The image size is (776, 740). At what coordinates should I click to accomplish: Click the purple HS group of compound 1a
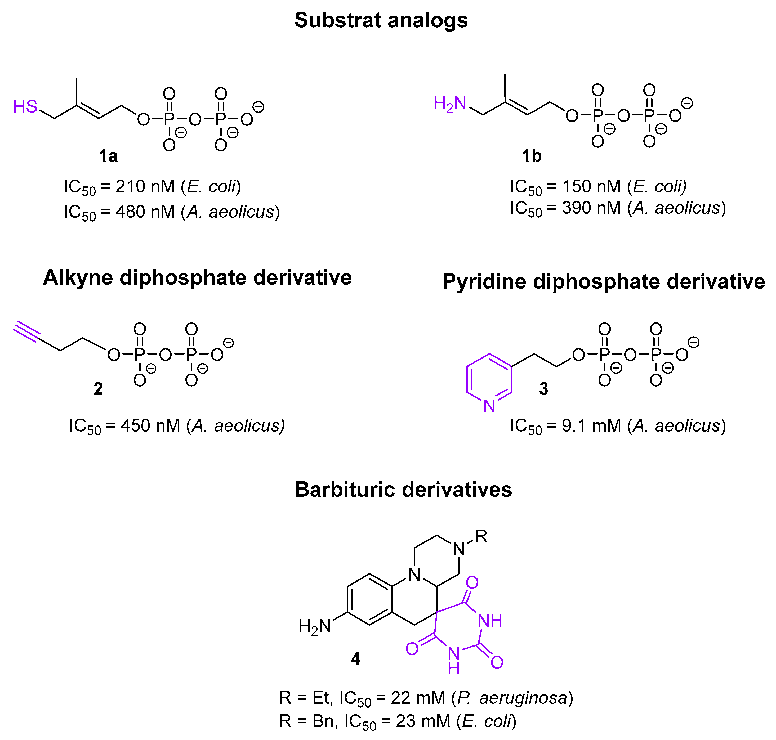coord(25,106)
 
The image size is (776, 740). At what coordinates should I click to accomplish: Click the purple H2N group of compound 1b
coord(449,104)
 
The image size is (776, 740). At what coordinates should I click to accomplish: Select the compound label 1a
coord(108,156)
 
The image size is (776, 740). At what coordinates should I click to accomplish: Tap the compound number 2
coord(98,389)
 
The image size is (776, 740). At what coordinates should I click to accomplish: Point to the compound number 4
coord(355,658)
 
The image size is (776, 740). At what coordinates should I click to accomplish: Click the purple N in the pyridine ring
coord(489,406)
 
